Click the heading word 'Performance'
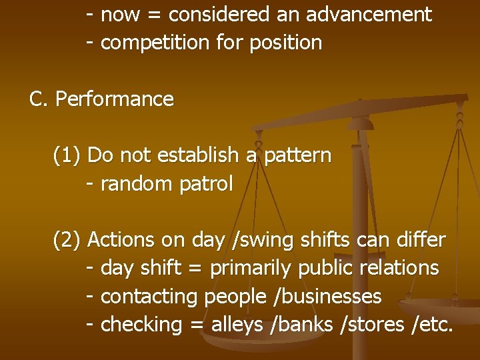coord(114,99)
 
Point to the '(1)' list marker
coord(67,155)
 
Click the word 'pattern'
coord(298,155)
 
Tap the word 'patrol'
coord(207,184)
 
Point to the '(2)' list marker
coord(67,239)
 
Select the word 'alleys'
coord(237,325)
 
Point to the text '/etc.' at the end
coord(433,325)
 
